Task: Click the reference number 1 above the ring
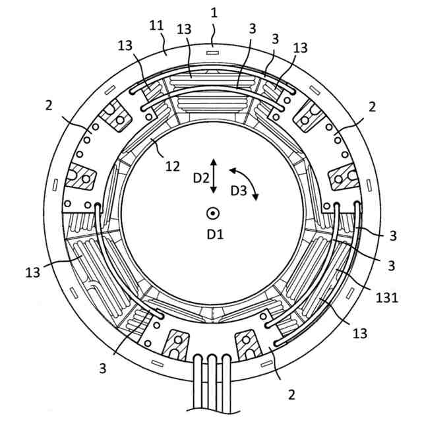click(x=214, y=12)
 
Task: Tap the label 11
click(x=157, y=26)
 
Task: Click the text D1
click(x=214, y=233)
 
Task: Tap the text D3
click(x=239, y=191)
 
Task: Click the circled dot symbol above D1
click(x=213, y=213)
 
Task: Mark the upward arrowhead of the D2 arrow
click(x=213, y=160)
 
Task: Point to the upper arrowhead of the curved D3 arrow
click(x=231, y=171)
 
